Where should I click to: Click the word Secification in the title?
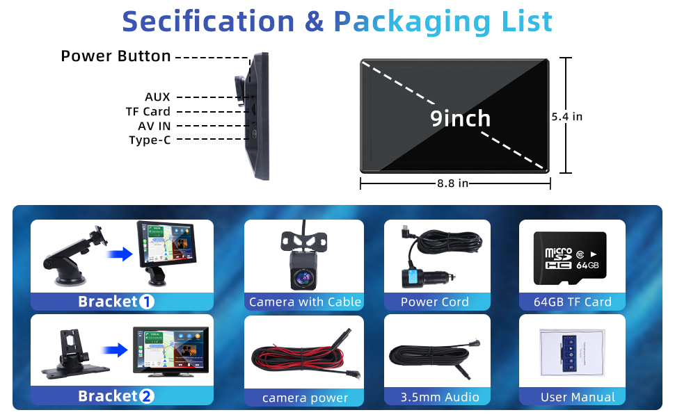click(208, 21)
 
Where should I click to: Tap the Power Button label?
click(116, 56)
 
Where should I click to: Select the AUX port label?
click(157, 97)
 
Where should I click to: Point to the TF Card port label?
click(148, 111)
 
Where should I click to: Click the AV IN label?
click(154, 126)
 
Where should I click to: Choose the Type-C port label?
click(150, 140)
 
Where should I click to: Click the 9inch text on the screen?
click(460, 118)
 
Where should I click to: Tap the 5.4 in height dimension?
click(567, 117)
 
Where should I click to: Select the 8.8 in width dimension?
click(452, 183)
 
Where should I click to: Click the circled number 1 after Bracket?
click(146, 302)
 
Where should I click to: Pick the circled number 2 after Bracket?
click(146, 396)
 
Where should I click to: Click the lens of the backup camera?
click(304, 278)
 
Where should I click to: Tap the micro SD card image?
click(570, 259)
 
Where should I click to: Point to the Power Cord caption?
click(435, 302)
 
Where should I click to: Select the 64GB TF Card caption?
click(573, 302)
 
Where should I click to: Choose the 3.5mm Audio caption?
click(440, 397)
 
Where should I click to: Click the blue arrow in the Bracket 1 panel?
click(120, 254)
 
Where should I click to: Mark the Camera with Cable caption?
click(305, 302)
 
